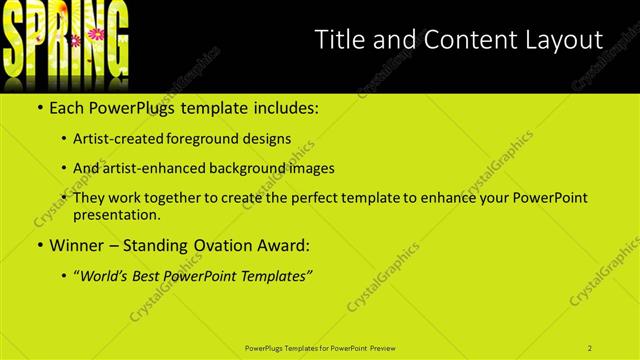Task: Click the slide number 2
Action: pos(590,347)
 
